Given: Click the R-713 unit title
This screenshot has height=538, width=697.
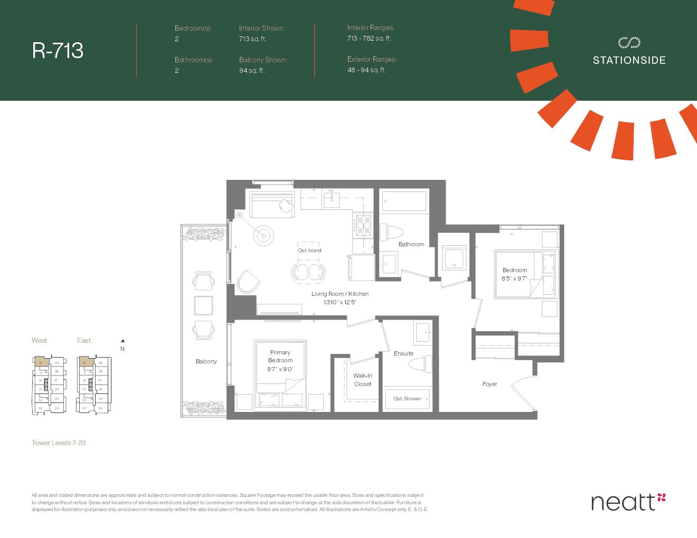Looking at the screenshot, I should click(x=58, y=51).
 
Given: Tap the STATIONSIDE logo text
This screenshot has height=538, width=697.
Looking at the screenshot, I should click(x=629, y=60).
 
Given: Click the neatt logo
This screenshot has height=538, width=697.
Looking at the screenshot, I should click(x=628, y=502).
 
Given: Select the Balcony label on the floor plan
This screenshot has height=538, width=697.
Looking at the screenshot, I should click(x=206, y=361).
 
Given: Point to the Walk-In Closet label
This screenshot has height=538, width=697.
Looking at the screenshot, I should click(x=362, y=380).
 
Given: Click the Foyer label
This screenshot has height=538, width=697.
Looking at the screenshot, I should click(x=489, y=384).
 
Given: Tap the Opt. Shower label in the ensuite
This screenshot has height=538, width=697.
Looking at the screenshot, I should click(x=407, y=398).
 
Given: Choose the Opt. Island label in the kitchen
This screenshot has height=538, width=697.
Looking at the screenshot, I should click(x=309, y=251).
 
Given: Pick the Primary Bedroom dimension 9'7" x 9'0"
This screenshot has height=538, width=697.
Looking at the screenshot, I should click(x=280, y=369).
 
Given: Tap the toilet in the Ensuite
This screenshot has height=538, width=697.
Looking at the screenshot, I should click(x=421, y=364).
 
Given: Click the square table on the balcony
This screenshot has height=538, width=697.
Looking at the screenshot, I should click(x=203, y=305).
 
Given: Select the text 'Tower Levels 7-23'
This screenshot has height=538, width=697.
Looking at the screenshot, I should click(x=59, y=443).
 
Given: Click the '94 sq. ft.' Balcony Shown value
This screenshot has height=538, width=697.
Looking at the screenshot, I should click(x=252, y=70).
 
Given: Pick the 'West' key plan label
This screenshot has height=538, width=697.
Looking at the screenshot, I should click(x=39, y=340).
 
